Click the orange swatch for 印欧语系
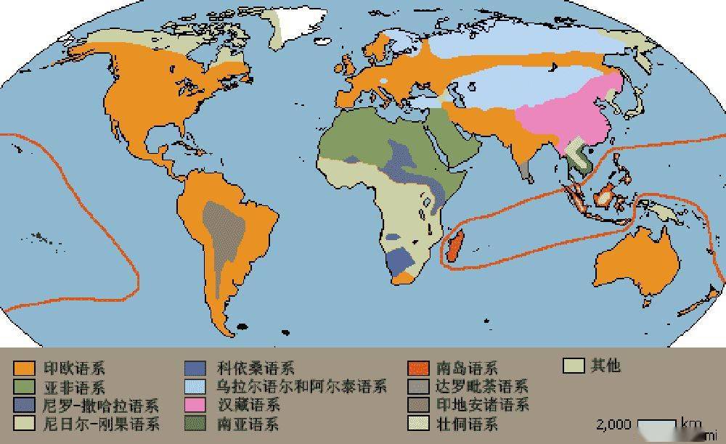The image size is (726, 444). (24, 369)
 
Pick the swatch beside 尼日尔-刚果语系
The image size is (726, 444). (24, 423)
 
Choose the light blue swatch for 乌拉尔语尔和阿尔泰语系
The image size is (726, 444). (197, 387)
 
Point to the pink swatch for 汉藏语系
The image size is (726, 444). (197, 405)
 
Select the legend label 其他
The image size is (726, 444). (605, 366)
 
